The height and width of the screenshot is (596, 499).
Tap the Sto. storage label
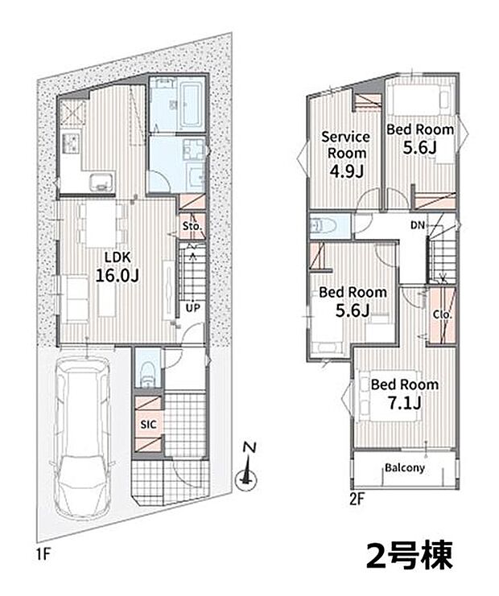[191, 226]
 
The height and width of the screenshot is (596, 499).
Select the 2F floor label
[357, 497]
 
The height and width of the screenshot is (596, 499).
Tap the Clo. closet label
[441, 314]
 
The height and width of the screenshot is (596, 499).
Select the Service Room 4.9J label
[345, 153]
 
